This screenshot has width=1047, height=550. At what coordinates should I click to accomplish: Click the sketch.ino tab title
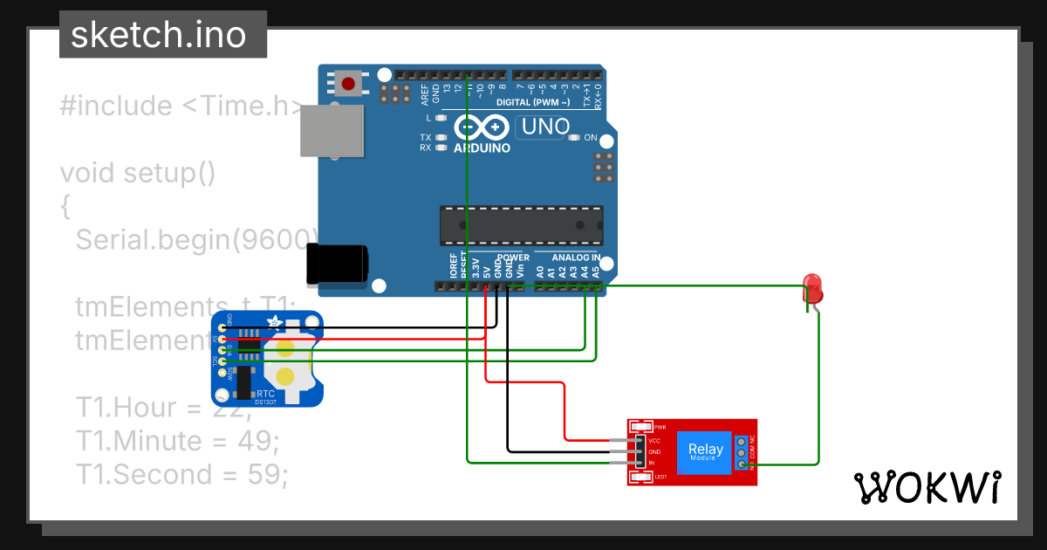[158, 35]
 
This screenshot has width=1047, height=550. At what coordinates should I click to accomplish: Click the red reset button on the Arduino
[349, 85]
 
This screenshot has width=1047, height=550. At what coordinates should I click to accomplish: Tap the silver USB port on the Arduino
[331, 133]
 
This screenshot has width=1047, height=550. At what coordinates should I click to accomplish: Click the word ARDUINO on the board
[482, 148]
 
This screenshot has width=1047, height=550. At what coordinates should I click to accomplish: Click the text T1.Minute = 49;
[178, 441]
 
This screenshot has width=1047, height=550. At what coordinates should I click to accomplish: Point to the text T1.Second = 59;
[181, 475]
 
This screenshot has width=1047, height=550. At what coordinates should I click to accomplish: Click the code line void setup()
[137, 173]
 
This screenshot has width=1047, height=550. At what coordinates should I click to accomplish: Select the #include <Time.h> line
[183, 107]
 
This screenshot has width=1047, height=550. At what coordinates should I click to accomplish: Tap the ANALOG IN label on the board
[576, 258]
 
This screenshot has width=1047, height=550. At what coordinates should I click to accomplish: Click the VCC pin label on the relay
[654, 441]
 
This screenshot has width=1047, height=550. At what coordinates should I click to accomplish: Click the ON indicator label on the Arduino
[591, 138]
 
